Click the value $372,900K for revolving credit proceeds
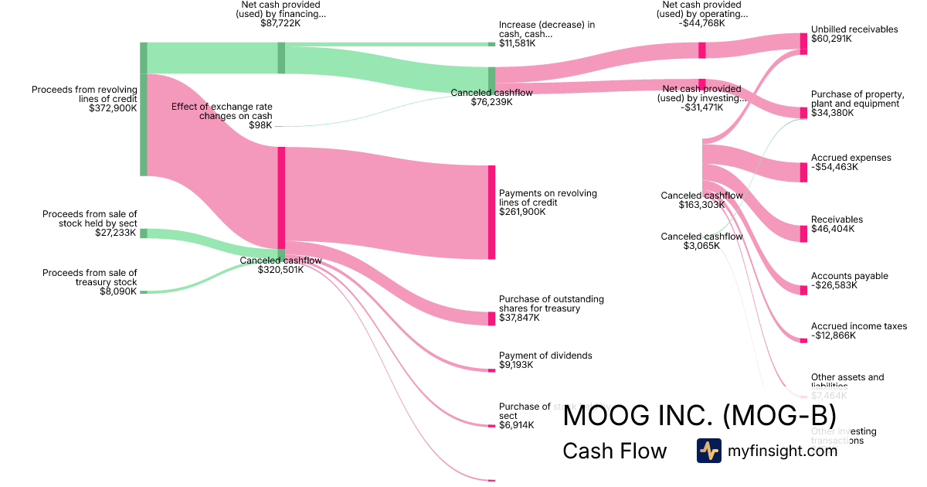[113, 108]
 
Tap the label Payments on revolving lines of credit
[548, 198]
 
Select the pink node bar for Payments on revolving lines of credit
[491, 212]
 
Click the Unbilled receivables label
[854, 29]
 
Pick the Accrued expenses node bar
[803, 172]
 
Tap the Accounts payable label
[850, 276]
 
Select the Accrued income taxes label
[859, 326]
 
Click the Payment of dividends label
[545, 356]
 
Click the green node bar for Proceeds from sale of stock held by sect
[144, 233]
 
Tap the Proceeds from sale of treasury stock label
[90, 277]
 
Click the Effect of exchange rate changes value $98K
[260, 125]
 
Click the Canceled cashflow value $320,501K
[280, 270]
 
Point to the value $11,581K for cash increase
[517, 43]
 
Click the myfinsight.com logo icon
[708, 451]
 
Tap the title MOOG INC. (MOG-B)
[700, 416]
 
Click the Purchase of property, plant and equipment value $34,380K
[833, 113]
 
